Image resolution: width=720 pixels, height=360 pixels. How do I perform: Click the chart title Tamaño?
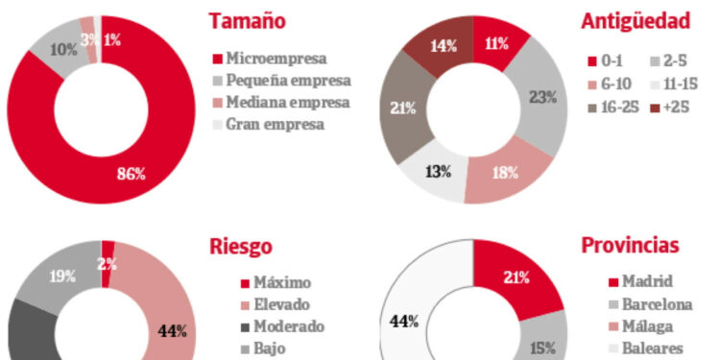pyautogui.click(x=247, y=21)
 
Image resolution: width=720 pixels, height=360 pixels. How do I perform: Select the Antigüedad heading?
pyautogui.click(x=636, y=21)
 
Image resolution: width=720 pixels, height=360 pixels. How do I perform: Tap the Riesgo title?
pyautogui.click(x=240, y=247)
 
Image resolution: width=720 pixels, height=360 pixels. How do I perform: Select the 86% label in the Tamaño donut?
pyautogui.click(x=130, y=174)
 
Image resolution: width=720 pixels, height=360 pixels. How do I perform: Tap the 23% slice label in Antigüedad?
pyautogui.click(x=542, y=96)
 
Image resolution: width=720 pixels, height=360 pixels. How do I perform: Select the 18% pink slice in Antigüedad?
pyautogui.click(x=504, y=174)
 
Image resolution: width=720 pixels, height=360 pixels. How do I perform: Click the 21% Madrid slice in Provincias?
pyautogui.click(x=516, y=277)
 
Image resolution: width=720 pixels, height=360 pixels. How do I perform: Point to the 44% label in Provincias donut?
pyautogui.click(x=403, y=321)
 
